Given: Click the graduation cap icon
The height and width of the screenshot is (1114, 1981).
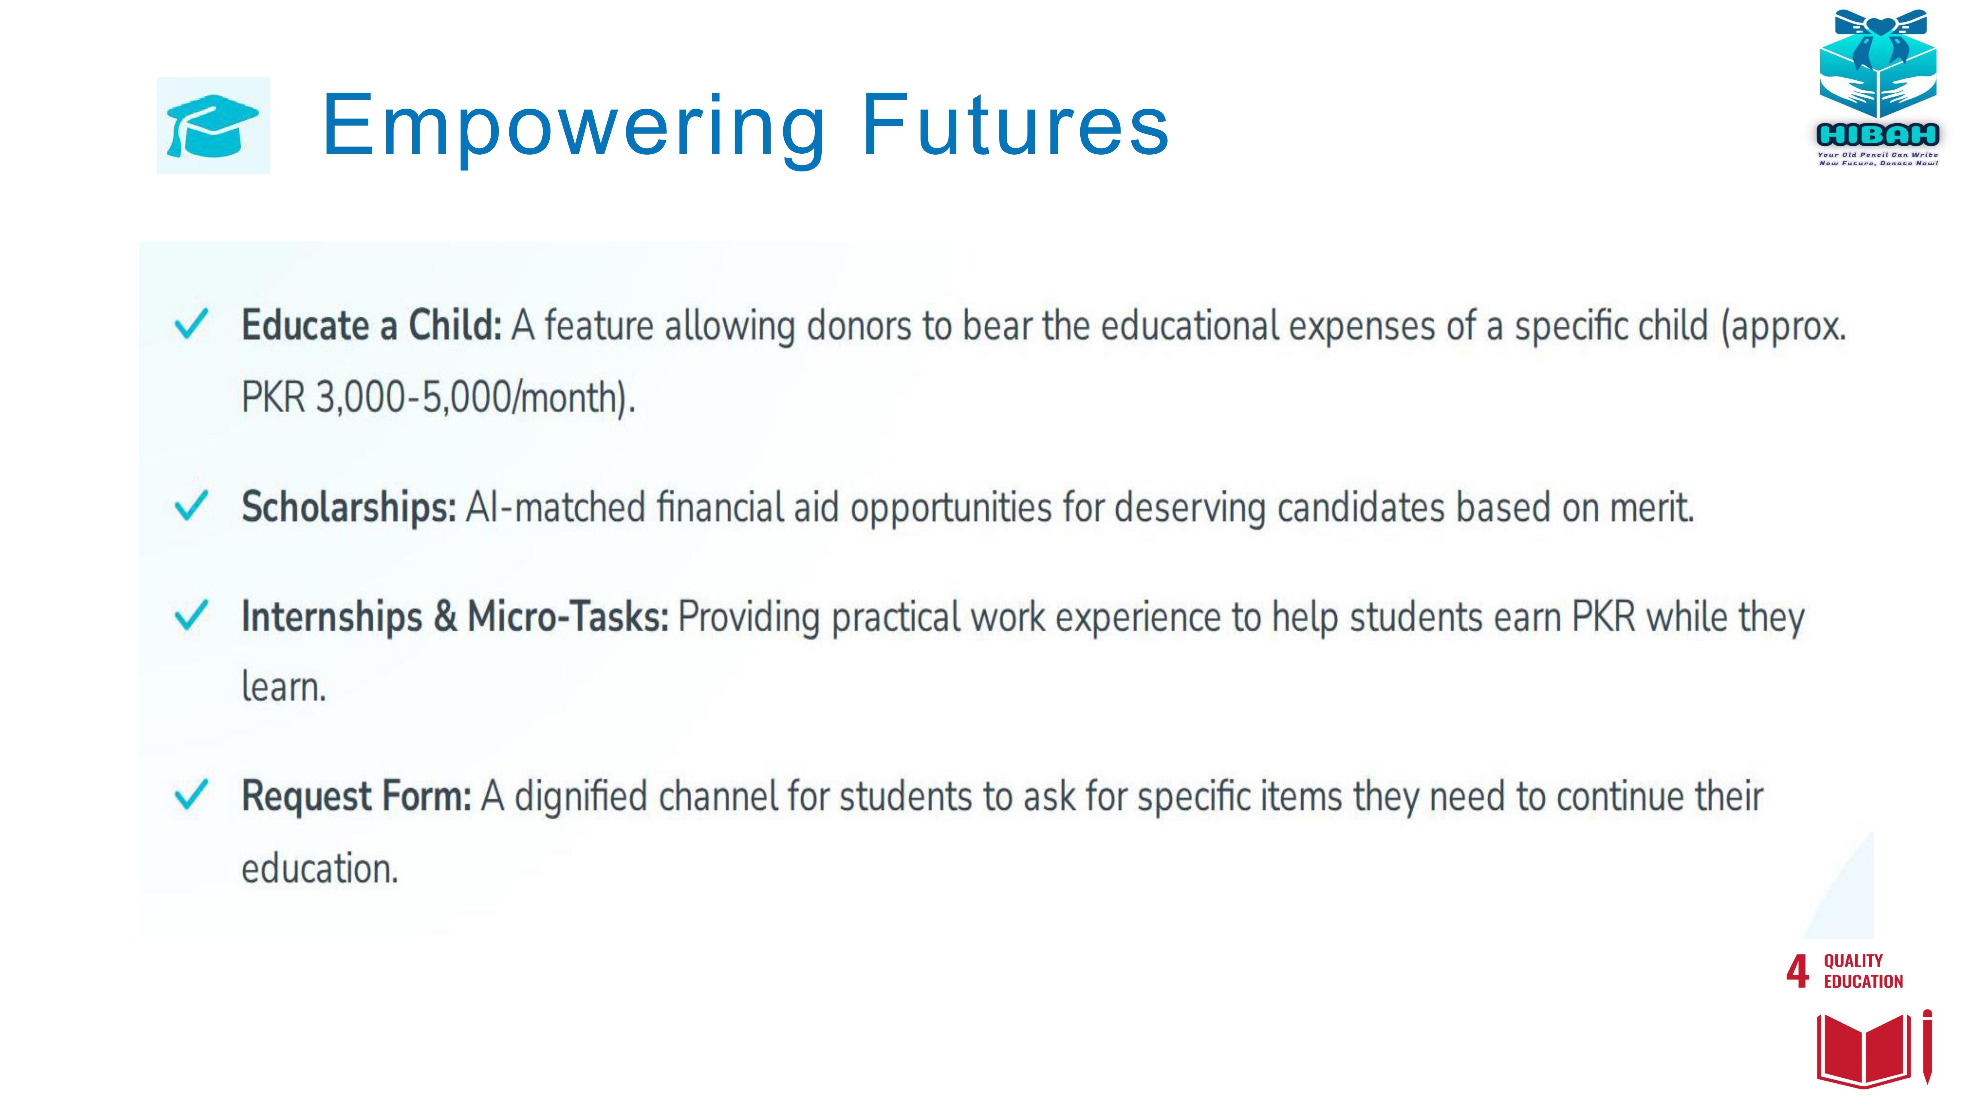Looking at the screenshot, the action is tap(213, 125).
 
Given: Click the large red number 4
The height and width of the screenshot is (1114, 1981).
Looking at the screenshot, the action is tap(1797, 971).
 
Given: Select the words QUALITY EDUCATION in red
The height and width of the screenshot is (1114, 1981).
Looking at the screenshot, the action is tap(1863, 971).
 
